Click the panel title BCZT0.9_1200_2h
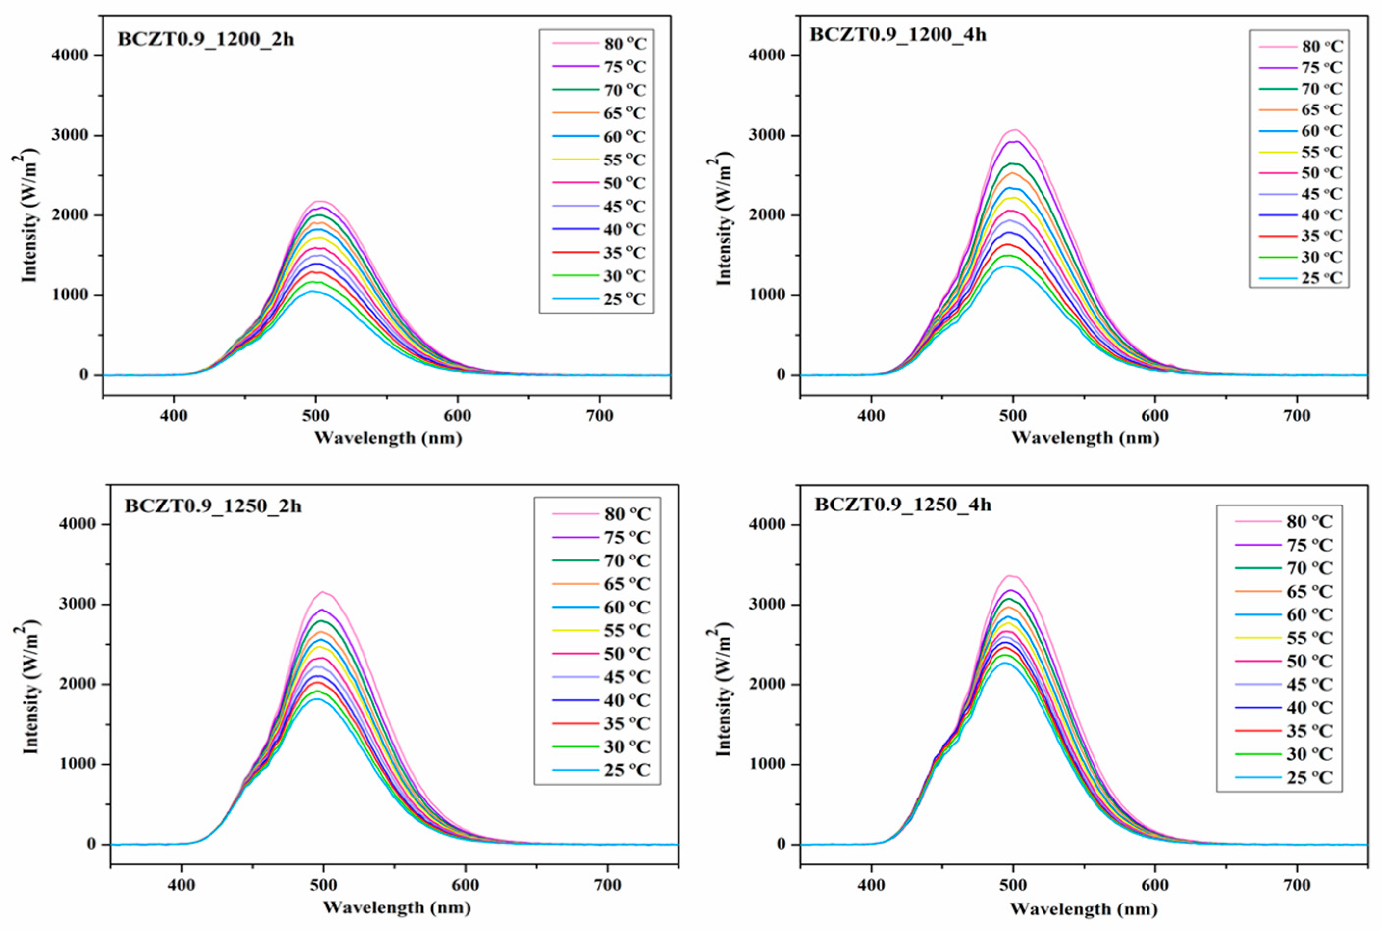click(205, 40)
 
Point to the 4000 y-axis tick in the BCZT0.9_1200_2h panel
click(72, 56)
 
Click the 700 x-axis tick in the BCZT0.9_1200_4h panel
click(1297, 416)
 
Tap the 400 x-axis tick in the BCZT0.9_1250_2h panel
click(181, 885)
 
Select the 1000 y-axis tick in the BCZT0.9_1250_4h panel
click(768, 765)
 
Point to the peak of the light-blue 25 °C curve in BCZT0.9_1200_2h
click(314, 291)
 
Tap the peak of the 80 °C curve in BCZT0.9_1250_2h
click(323, 592)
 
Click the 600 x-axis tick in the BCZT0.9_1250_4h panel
click(1155, 885)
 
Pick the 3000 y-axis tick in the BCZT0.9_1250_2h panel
click(79, 605)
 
